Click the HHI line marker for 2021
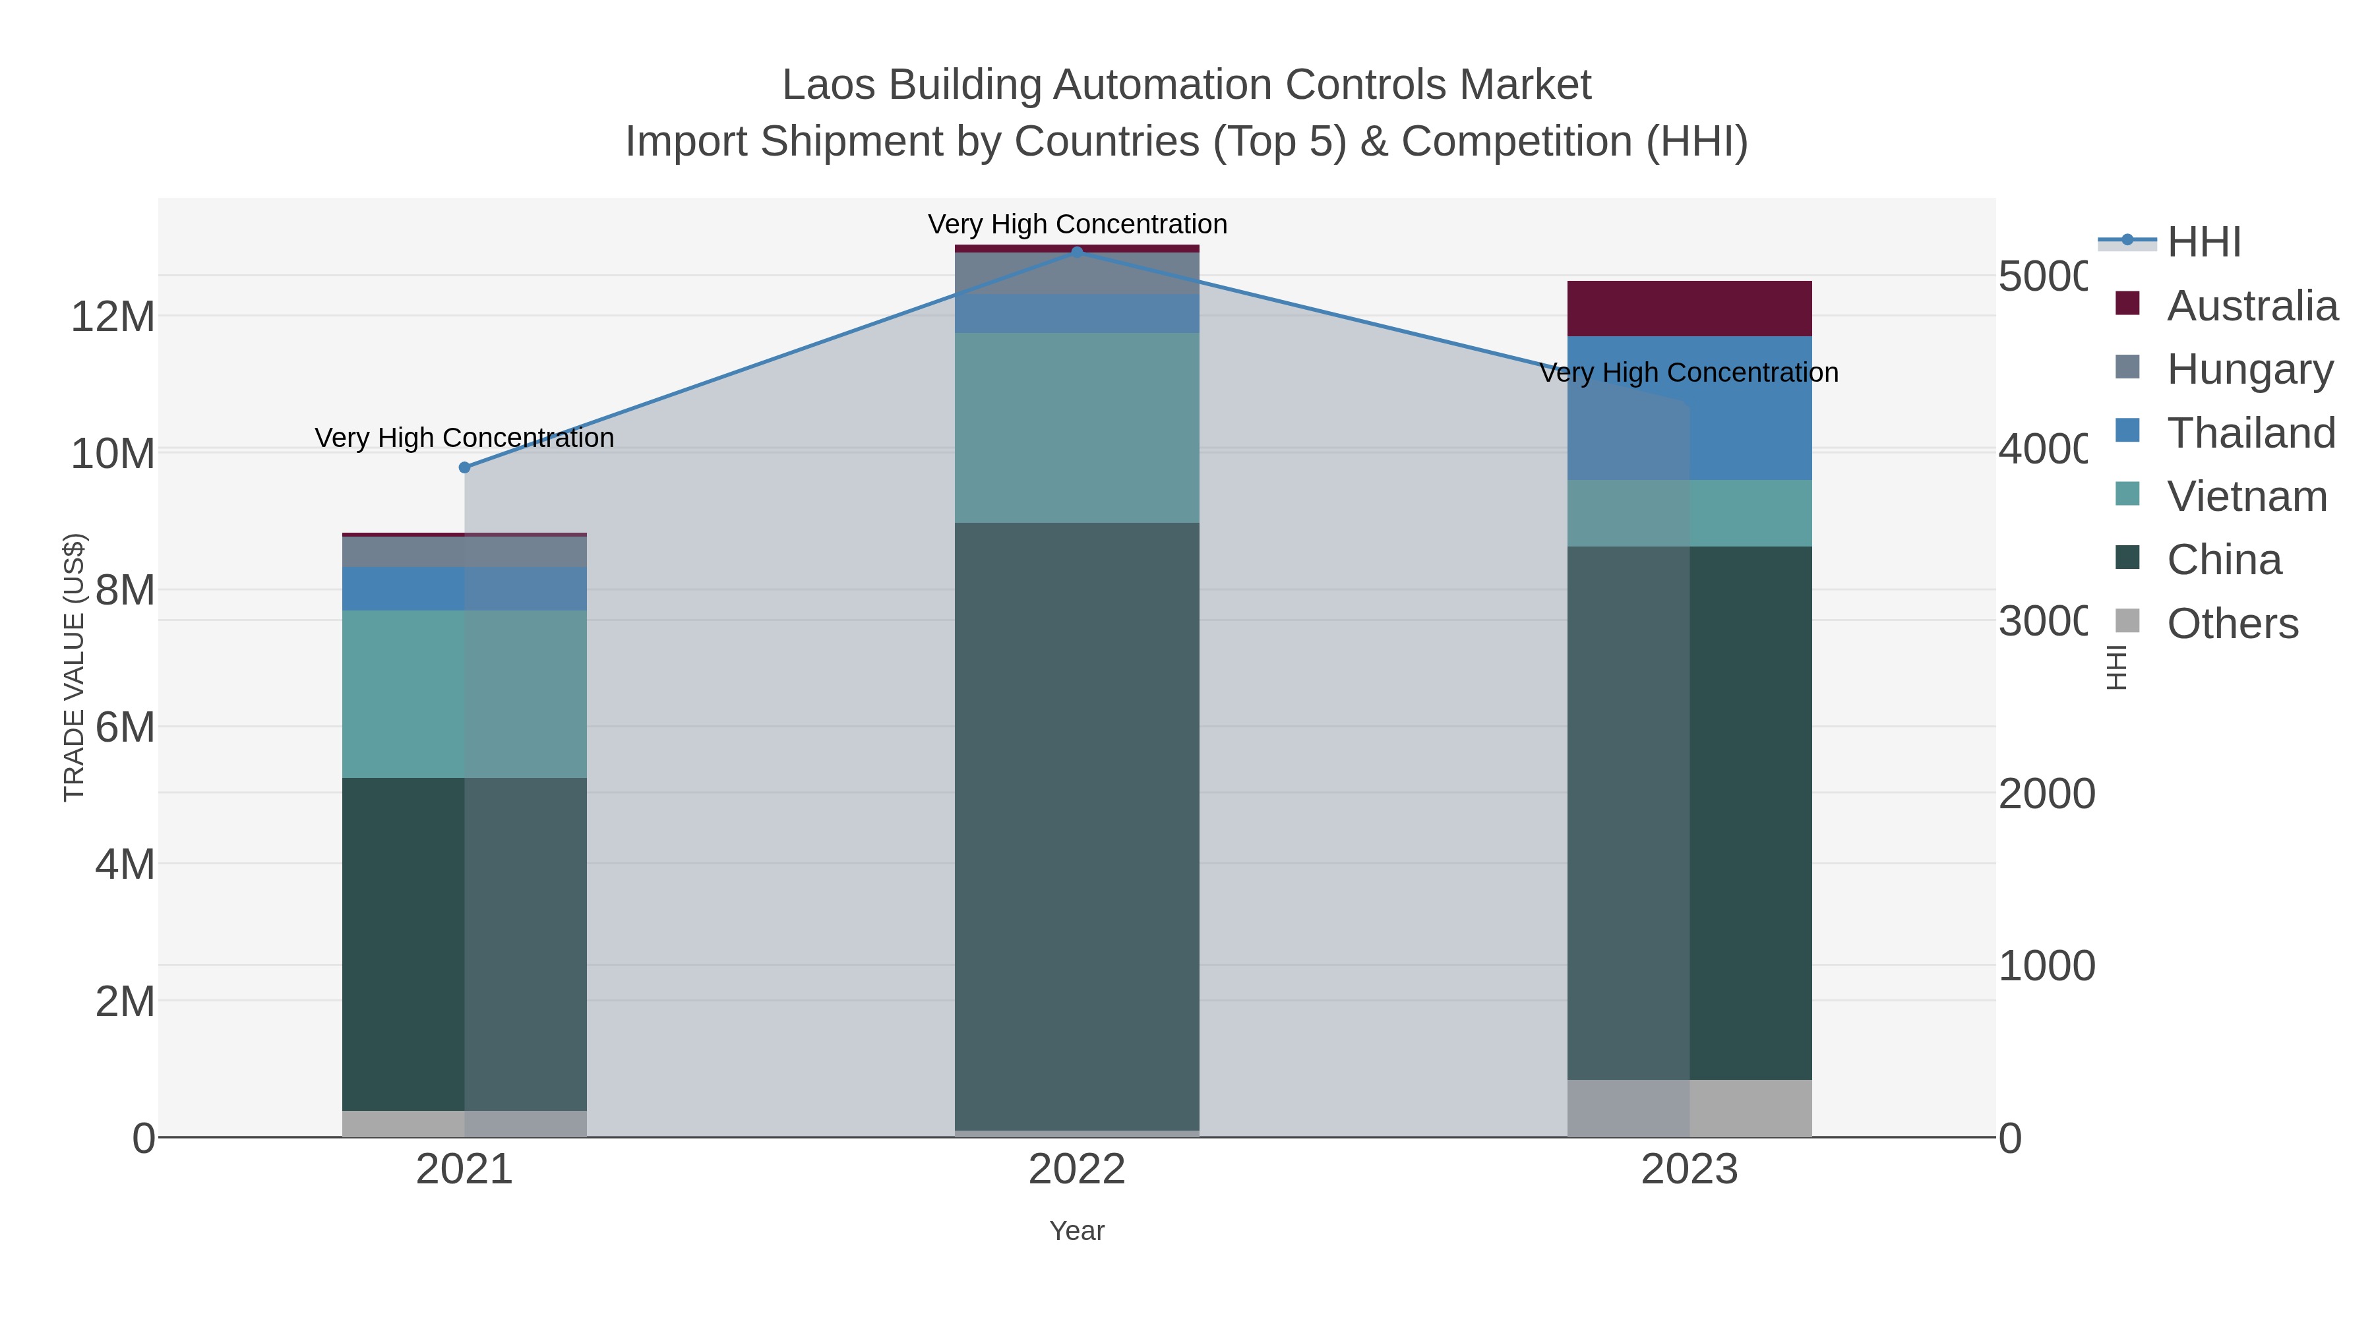(464, 467)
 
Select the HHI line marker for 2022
(1076, 252)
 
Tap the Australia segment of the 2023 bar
(1689, 309)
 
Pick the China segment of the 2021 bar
(464, 943)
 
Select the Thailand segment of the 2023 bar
(1689, 408)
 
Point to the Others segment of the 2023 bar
(1689, 1108)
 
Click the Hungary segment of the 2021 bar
(464, 551)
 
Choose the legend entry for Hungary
(2249, 369)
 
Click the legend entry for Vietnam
(2246, 496)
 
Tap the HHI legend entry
(2203, 243)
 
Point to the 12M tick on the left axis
(112, 316)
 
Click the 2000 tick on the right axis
(2046, 793)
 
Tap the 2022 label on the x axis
(1076, 1169)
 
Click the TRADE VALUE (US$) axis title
(74, 667)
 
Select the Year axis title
(1076, 1230)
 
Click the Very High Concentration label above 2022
(1076, 224)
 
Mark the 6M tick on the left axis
(125, 727)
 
